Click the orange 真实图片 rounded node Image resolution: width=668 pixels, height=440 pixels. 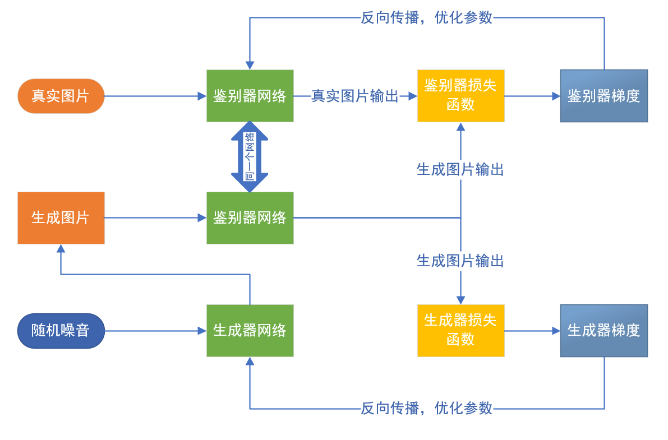61,96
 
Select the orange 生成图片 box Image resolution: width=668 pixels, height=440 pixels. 61,218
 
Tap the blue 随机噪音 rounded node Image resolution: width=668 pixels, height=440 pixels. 61,331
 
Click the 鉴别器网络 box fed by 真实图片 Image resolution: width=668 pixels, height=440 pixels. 250,96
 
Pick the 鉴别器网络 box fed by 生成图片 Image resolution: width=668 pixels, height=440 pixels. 250,218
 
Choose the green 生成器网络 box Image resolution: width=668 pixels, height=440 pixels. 250,331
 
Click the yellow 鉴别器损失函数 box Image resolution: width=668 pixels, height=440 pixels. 460,96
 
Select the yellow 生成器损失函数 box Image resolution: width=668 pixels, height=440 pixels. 460,331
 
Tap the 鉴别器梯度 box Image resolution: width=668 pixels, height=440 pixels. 603,96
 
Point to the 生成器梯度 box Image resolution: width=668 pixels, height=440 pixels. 603,331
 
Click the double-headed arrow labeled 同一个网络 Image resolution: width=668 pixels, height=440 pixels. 250,157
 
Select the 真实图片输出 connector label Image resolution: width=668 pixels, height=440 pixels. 355,96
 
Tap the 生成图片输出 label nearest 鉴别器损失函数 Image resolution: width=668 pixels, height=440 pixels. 460,169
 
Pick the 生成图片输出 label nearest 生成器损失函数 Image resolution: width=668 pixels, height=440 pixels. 460,261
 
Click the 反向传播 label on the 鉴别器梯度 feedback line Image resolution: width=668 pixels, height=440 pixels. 426,17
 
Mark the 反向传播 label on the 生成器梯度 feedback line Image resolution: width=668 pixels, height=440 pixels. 426,408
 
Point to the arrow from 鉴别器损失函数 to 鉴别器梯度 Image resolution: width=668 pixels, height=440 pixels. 532,96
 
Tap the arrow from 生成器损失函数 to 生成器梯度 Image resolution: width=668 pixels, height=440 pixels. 532,331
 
